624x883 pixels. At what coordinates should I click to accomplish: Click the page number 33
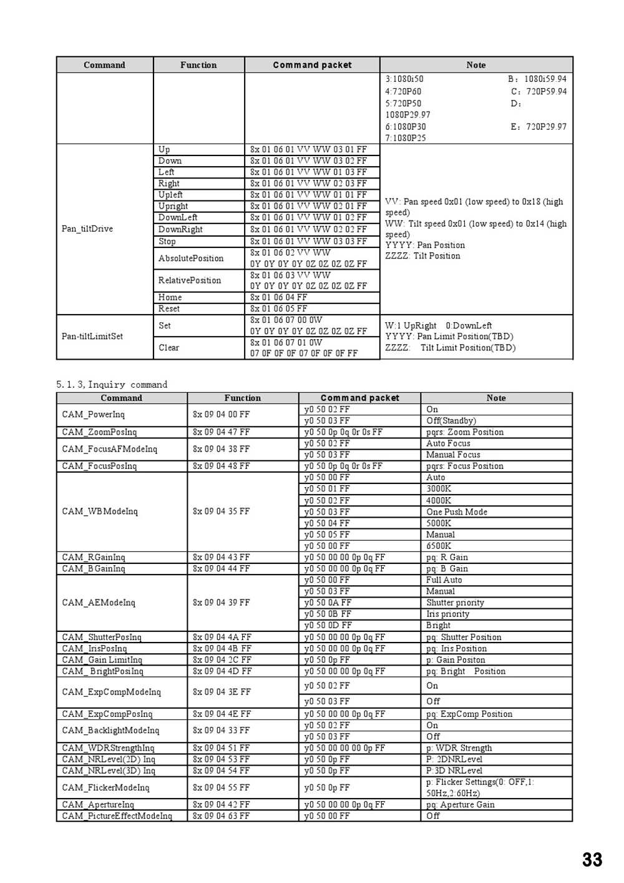coord(592,860)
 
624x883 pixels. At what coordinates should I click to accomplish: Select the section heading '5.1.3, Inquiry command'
coord(112,385)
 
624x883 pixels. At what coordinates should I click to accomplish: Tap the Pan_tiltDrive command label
coord(87,229)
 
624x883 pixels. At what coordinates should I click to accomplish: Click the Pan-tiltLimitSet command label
coord(92,336)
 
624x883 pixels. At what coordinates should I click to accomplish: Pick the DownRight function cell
coord(180,229)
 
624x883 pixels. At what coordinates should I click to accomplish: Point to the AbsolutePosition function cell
coord(191,258)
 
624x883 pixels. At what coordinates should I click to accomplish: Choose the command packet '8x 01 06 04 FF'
coord(279,297)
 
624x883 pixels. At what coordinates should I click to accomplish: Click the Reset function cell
coord(169,308)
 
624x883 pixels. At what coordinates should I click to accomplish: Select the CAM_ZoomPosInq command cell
coord(99,432)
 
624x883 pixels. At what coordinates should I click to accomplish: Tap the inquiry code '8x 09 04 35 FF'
coord(221,511)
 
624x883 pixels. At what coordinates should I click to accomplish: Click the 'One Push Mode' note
coord(457,512)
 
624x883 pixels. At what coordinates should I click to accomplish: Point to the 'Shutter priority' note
coord(455,603)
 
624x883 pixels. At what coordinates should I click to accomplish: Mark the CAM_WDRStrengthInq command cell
coord(108,748)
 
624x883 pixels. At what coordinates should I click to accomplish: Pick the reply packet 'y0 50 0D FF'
coord(328,625)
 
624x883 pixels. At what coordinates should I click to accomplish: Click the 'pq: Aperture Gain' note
coord(460,805)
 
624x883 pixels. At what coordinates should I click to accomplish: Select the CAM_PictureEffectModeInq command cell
coord(117,816)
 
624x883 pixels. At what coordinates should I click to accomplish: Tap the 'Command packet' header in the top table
coord(312,65)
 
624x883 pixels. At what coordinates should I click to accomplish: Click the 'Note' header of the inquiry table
coord(496,398)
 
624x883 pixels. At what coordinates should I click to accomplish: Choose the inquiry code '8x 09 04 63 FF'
coord(221,816)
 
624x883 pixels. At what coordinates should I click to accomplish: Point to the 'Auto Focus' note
coord(448,443)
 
